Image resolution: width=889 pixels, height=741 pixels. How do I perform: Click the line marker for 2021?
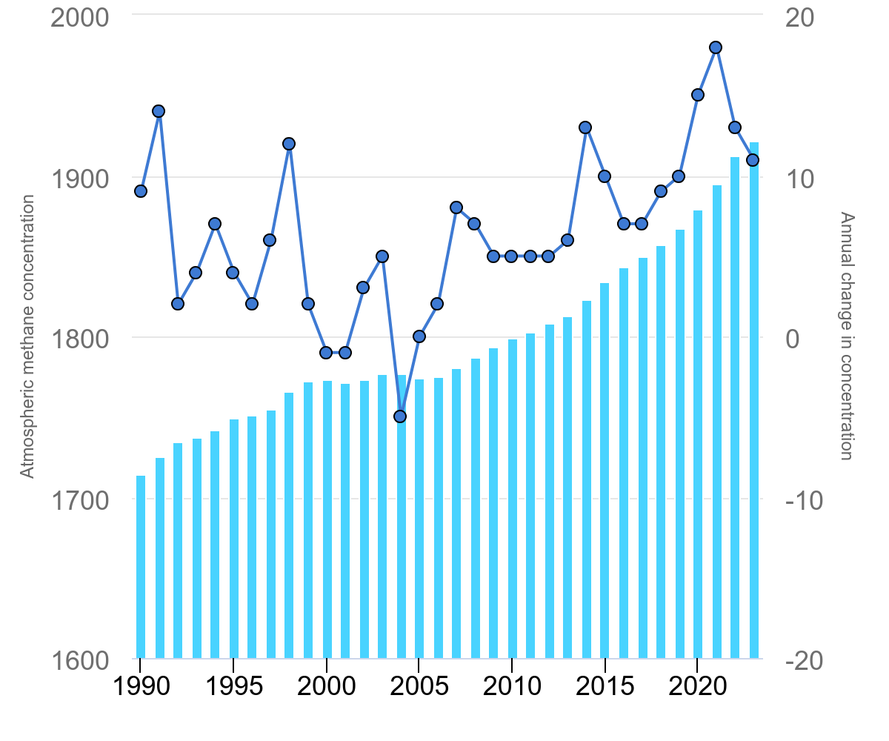click(x=716, y=47)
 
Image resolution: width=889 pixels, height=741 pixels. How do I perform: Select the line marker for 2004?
click(x=400, y=416)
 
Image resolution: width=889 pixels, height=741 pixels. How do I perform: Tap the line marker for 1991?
click(x=159, y=111)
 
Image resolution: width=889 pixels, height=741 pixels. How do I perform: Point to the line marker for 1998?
click(x=289, y=144)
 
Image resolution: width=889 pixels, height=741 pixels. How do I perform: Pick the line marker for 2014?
click(x=585, y=127)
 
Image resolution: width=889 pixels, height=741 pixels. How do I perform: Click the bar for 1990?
click(x=141, y=567)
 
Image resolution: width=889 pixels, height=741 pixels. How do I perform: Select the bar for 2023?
click(x=754, y=400)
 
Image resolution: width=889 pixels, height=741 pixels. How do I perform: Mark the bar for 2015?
click(x=605, y=471)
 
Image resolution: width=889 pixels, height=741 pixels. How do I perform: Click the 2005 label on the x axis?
click(x=419, y=684)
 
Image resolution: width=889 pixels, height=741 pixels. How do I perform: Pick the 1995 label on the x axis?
click(x=234, y=684)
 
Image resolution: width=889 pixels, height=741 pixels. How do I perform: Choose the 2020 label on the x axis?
click(x=697, y=684)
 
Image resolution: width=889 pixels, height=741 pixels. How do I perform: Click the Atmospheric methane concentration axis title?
click(x=27, y=337)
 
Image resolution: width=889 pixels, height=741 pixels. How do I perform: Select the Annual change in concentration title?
click(x=848, y=336)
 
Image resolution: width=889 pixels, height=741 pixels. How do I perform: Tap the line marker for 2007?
click(x=456, y=207)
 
